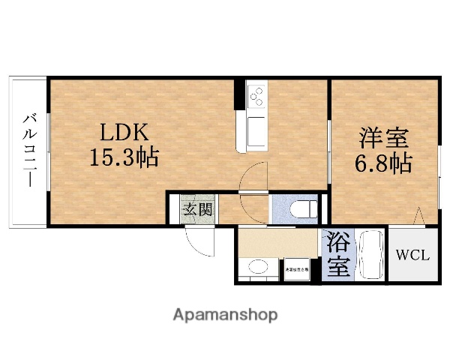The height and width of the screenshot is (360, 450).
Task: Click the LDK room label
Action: pyautogui.click(x=125, y=133)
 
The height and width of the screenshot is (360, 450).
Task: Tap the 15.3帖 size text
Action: pyautogui.click(x=125, y=158)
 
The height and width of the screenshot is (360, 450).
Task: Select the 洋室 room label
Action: pyautogui.click(x=383, y=138)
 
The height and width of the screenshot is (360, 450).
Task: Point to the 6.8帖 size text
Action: pyautogui.click(x=383, y=163)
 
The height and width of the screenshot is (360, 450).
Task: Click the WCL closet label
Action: pyautogui.click(x=412, y=255)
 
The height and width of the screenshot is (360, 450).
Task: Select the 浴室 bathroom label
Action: pyautogui.click(x=337, y=254)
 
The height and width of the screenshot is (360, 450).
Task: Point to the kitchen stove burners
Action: pyautogui.click(x=256, y=97)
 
